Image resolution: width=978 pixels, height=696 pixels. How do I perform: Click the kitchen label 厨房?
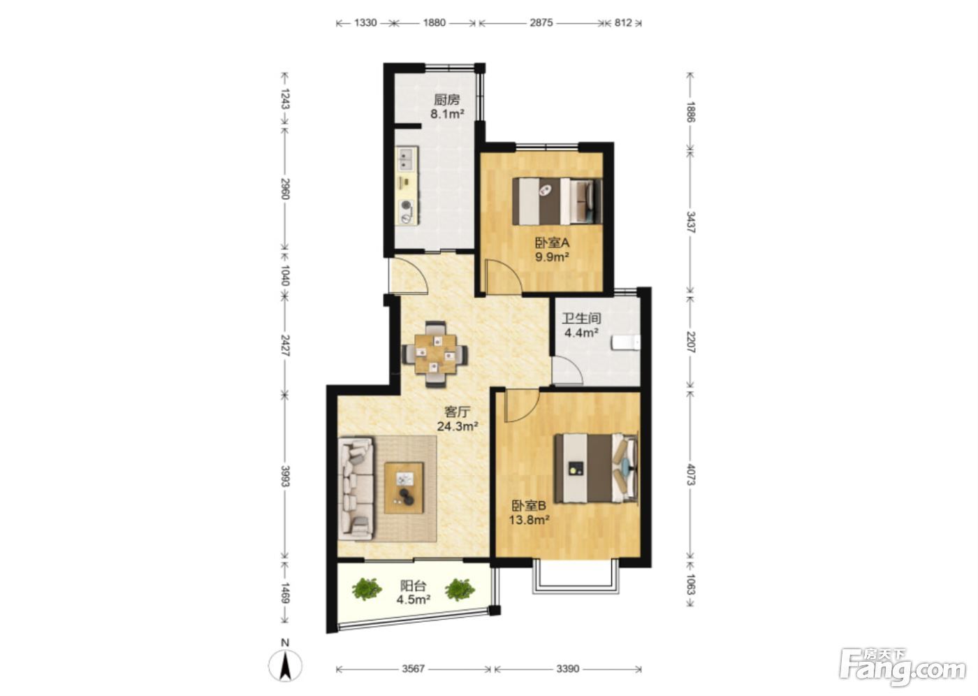pyautogui.click(x=446, y=100)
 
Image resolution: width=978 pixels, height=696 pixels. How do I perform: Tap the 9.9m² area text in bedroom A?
pyautogui.click(x=552, y=256)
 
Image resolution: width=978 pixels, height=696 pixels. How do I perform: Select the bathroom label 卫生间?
pyautogui.click(x=581, y=319)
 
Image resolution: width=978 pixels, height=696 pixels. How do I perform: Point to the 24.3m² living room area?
pyautogui.click(x=458, y=426)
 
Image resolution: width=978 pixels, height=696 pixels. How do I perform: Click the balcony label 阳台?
pyautogui.click(x=413, y=586)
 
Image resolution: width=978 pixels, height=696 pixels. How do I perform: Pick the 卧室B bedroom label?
pyautogui.click(x=529, y=506)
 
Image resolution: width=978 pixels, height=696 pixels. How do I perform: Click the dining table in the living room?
pyautogui.click(x=435, y=354)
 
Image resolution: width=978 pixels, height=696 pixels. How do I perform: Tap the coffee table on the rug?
pyautogui.click(x=404, y=488)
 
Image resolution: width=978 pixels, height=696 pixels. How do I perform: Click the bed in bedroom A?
pyautogui.click(x=557, y=201)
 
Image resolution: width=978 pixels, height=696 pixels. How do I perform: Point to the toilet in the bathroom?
pyautogui.click(x=626, y=343)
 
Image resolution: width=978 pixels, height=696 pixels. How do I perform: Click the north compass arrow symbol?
pyautogui.click(x=285, y=667)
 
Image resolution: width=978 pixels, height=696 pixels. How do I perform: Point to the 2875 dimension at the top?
pyautogui.click(x=541, y=22)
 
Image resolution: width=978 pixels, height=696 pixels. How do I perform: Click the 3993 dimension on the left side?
pyautogui.click(x=285, y=476)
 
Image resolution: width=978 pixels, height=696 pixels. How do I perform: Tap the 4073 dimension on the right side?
pyautogui.click(x=691, y=474)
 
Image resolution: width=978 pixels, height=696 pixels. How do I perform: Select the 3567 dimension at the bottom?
pyautogui.click(x=413, y=669)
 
